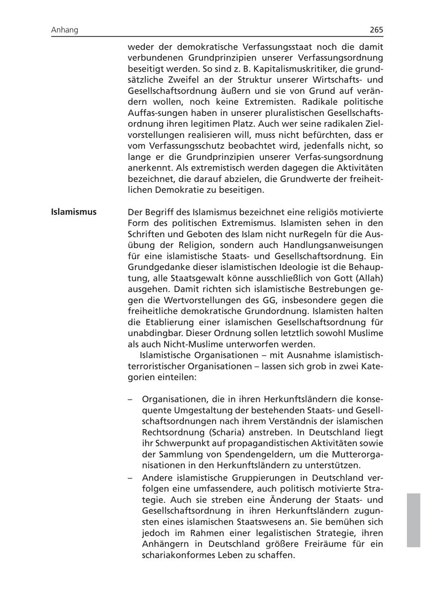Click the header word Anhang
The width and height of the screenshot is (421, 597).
pos(65,30)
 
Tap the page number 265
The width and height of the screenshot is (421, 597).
pos(376,30)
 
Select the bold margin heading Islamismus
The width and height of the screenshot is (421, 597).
pos(74,212)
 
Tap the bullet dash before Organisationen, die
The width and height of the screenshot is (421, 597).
pos(131,400)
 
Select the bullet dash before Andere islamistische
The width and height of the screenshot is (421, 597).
pos(131,478)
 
